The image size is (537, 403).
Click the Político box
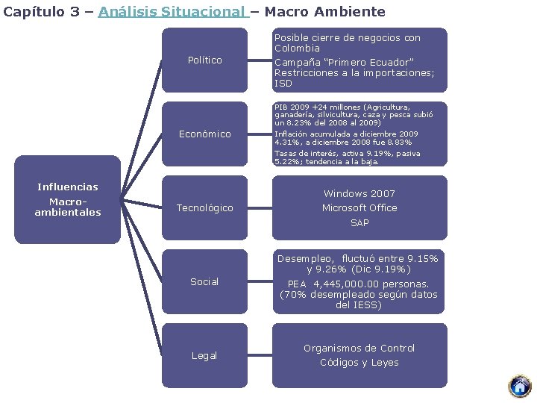(204, 60)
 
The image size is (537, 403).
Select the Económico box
(204, 134)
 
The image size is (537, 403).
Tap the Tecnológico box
(204, 207)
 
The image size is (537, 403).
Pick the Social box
(204, 281)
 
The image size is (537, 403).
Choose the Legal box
(204, 355)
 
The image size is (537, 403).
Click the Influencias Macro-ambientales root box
(68, 199)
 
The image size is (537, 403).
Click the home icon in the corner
(519, 386)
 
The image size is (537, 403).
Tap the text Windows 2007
(359, 193)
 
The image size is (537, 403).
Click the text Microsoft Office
(359, 207)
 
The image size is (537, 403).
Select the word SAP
(359, 222)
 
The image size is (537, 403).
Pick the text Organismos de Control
(359, 348)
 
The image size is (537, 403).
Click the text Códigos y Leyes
(359, 362)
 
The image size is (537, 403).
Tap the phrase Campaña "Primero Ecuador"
(344, 62)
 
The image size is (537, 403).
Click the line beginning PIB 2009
(342, 107)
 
